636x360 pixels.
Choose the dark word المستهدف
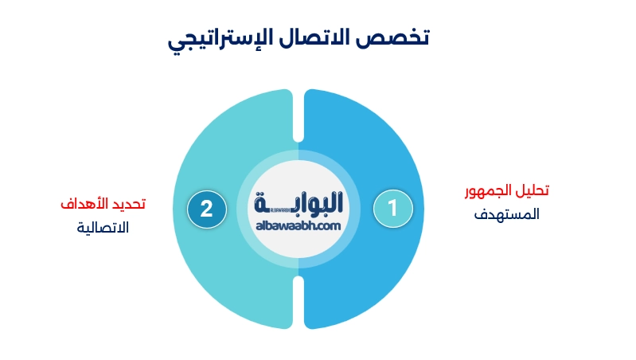[507, 214]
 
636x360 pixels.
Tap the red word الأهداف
[84, 204]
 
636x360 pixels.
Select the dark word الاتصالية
[103, 227]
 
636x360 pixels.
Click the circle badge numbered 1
[392, 208]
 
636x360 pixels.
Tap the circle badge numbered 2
[206, 209]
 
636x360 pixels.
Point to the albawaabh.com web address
[298, 226]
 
